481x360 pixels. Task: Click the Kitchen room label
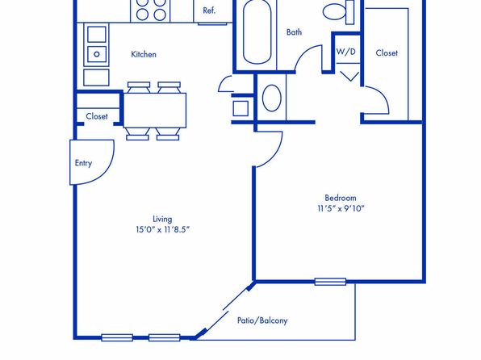point(144,54)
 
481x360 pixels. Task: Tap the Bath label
point(294,32)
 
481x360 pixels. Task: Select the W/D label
point(346,51)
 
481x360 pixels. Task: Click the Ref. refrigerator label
point(209,10)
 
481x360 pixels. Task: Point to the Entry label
point(83,163)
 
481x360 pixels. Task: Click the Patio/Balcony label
point(262,320)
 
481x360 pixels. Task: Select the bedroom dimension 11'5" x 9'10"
point(341,208)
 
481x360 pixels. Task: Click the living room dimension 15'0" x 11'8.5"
point(162,229)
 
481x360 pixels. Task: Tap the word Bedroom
point(341,198)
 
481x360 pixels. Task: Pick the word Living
point(162,219)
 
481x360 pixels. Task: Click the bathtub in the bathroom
point(257,32)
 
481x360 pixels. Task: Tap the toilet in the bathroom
point(338,12)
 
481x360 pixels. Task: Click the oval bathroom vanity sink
point(272,98)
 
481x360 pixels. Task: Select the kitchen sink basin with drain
point(97,54)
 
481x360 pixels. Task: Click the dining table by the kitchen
point(155,110)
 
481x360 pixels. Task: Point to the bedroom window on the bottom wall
point(330,282)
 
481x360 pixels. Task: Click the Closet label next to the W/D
point(387,53)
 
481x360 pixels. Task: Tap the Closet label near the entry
point(97,116)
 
